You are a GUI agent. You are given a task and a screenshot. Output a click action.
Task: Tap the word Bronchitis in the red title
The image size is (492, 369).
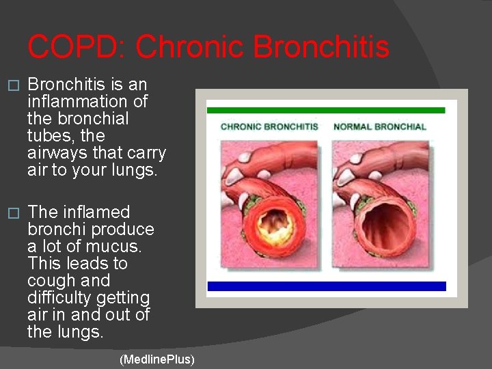tap(321, 47)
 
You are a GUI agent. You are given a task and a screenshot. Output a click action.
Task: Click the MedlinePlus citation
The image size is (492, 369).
tap(156, 359)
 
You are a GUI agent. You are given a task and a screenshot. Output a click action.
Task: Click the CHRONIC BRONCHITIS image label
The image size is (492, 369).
tap(269, 127)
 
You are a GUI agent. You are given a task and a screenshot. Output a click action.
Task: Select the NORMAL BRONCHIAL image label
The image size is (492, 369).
tap(379, 127)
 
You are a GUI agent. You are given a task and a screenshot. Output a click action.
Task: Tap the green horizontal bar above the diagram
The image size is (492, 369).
tap(326, 110)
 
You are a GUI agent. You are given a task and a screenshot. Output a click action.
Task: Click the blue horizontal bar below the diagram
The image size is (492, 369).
tap(326, 286)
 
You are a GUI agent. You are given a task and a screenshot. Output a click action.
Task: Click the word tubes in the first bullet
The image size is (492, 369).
tap(46, 136)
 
